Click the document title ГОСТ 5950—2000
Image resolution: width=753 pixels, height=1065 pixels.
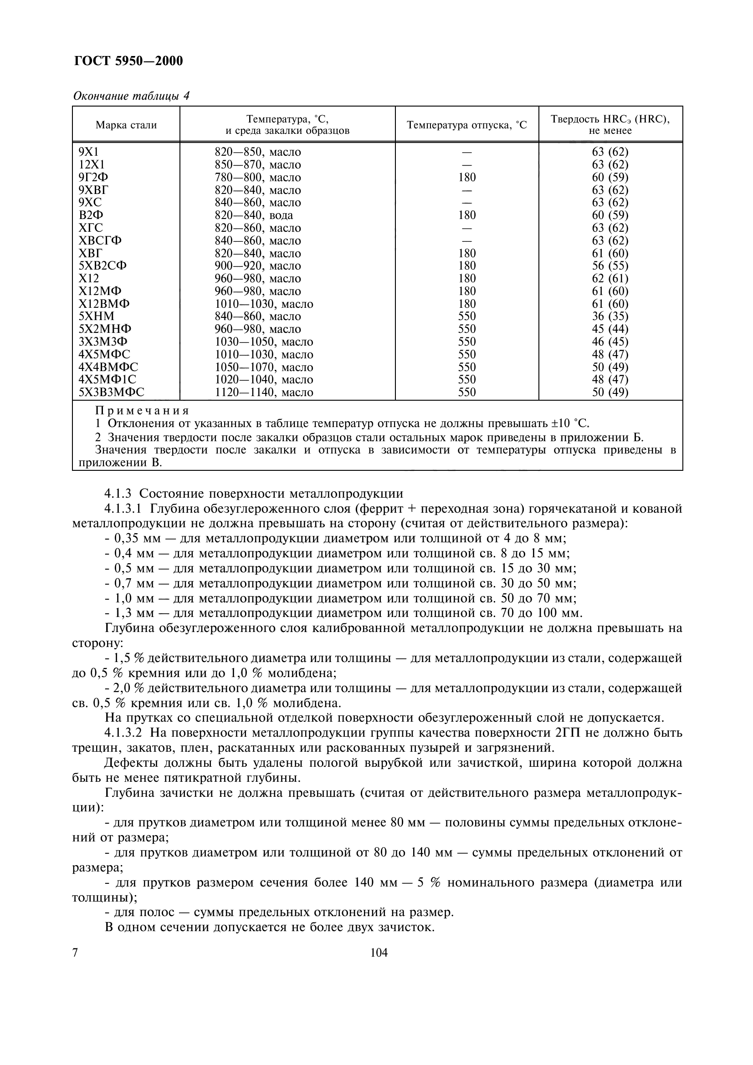tap(128, 61)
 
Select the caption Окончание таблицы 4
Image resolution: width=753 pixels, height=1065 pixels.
tap(131, 96)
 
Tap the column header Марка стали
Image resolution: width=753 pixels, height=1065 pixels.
tap(126, 125)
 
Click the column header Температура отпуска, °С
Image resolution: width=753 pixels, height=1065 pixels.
tap(467, 125)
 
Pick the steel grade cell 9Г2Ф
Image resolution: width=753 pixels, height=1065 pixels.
tap(94, 177)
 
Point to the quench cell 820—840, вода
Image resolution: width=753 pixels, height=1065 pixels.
tap(254, 215)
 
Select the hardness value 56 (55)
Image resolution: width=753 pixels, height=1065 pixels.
tap(610, 266)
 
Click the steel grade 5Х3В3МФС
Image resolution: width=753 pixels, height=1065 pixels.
tap(111, 392)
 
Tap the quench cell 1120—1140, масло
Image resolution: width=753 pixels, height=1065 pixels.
tap(263, 392)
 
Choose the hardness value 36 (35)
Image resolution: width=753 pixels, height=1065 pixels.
tap(610, 316)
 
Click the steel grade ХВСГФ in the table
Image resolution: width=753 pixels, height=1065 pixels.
tap(100, 241)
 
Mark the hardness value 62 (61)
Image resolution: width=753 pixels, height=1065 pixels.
tap(610, 278)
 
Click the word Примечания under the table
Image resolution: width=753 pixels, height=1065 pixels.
tap(143, 411)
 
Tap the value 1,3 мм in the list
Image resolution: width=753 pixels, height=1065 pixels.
tap(134, 613)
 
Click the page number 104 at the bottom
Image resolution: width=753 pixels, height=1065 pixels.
tap(379, 953)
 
